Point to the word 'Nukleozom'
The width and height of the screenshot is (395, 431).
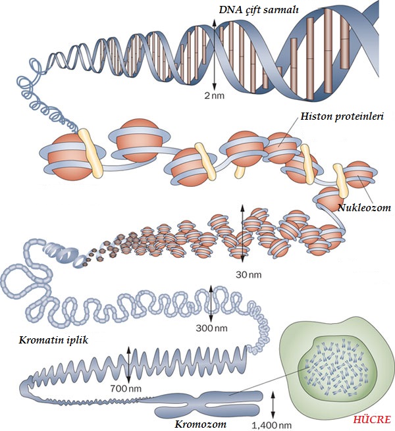point(364,207)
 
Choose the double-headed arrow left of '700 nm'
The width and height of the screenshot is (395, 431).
point(129,364)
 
